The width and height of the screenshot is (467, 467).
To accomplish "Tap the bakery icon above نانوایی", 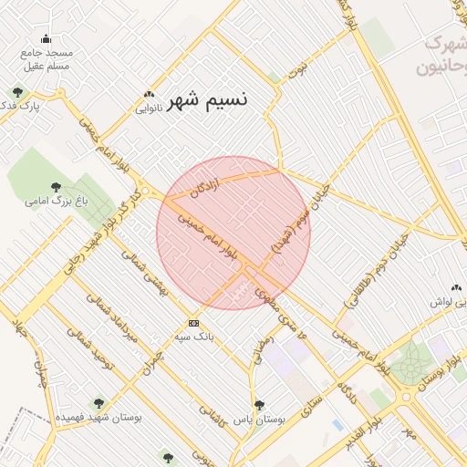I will click(149, 94).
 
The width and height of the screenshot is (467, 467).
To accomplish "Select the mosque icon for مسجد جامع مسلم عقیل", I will click(47, 38).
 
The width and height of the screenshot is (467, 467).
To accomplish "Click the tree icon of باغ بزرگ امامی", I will click(57, 186).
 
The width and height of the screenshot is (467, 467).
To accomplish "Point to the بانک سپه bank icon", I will click(193, 323).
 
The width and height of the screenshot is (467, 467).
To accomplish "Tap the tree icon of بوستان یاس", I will click(259, 405).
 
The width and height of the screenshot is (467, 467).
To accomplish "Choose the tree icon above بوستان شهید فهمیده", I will click(98, 402).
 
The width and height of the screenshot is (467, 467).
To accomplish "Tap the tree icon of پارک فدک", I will click(18, 92).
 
